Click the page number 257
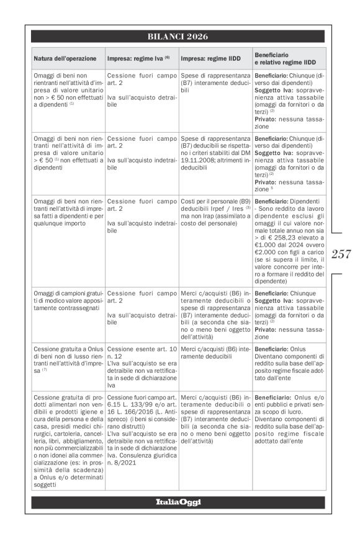(x=342, y=254)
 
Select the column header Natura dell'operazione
(x=65, y=58)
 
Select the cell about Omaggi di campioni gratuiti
(x=68, y=300)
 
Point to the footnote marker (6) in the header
(x=167, y=57)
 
